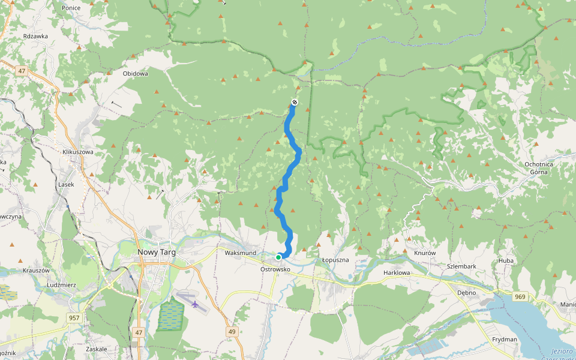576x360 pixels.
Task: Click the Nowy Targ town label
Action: point(157,253)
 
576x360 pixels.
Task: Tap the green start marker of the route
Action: point(278,257)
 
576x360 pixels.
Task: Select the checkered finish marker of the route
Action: point(295,102)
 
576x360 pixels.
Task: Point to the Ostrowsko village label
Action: point(275,269)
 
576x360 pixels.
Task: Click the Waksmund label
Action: point(241,253)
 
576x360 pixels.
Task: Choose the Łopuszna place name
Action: point(335,260)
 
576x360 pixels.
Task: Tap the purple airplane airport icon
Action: point(195,304)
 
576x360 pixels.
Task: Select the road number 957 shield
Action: point(74,317)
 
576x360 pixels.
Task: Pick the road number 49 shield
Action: point(232,332)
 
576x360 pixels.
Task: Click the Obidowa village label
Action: point(135,73)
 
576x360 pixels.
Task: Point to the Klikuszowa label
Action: point(78,152)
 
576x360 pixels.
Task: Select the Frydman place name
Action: point(504,340)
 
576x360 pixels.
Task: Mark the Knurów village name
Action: point(424,253)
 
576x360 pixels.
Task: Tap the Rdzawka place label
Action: point(35,36)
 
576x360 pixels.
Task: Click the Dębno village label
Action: point(466,293)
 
